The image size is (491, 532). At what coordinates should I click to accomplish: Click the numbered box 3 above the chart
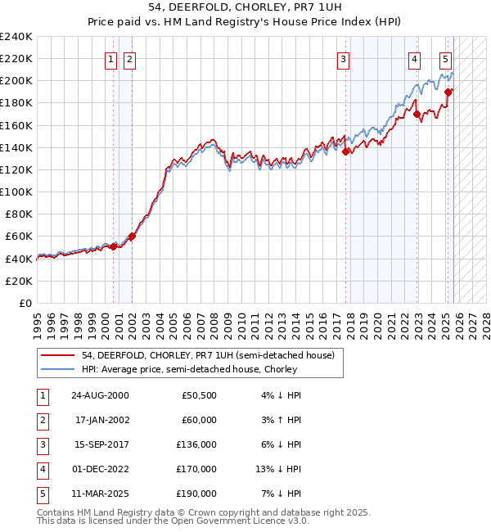coord(343,59)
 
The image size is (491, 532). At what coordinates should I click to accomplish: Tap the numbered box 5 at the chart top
coord(445,59)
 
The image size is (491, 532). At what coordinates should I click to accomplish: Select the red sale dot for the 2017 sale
coord(346,151)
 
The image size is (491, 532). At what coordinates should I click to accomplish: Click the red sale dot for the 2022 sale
coord(417,114)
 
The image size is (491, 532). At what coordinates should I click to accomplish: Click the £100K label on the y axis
coord(16,192)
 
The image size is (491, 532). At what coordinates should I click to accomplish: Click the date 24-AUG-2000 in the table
coord(100,395)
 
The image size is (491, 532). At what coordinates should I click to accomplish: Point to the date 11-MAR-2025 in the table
coord(100,494)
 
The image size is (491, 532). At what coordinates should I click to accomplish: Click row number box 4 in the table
coord(42,469)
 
